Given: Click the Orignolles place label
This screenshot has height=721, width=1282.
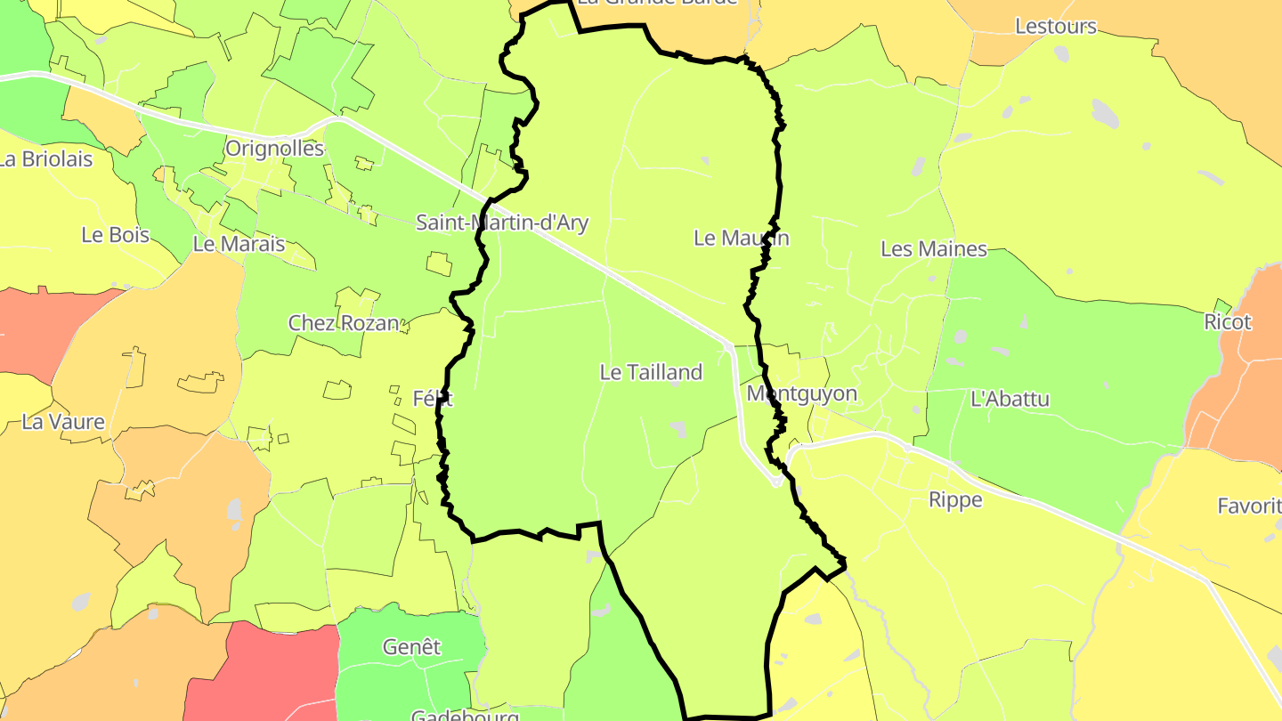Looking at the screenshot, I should pyautogui.click(x=274, y=148).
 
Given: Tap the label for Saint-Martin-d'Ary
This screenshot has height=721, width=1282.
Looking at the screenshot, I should pyautogui.click(x=502, y=222).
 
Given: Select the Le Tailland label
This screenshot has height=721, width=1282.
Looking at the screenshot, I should pyautogui.click(x=651, y=372).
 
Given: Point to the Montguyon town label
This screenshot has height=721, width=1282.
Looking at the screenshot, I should pyautogui.click(x=801, y=393).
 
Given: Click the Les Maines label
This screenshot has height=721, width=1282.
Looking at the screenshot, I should pyautogui.click(x=934, y=249).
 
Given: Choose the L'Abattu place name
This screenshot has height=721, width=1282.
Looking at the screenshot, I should pyautogui.click(x=1010, y=399).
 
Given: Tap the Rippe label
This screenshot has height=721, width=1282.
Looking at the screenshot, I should pyautogui.click(x=955, y=499).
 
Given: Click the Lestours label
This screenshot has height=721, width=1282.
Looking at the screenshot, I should pyautogui.click(x=1056, y=27).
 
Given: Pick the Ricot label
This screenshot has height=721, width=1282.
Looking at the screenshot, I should pyautogui.click(x=1228, y=322).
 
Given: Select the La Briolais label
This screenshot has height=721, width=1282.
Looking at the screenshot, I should pyautogui.click(x=46, y=159).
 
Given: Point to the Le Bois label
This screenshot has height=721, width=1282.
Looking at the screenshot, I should pyautogui.click(x=115, y=235).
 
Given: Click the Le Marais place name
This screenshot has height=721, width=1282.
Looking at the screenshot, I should pyautogui.click(x=239, y=244).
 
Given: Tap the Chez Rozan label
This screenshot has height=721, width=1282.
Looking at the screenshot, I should pyautogui.click(x=343, y=323).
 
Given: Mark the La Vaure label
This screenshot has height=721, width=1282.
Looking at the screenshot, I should pyautogui.click(x=63, y=422).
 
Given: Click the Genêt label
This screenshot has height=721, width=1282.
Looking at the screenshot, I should pyautogui.click(x=411, y=647).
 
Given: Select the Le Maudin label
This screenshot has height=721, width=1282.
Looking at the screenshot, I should pyautogui.click(x=741, y=238).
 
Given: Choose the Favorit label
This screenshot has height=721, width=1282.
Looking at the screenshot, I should pyautogui.click(x=1248, y=506).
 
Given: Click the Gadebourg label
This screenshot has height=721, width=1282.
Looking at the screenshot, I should pyautogui.click(x=465, y=715).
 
